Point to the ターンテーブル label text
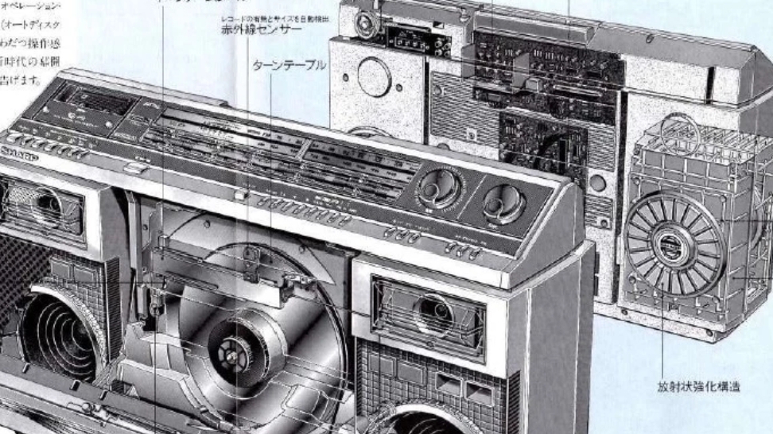289,66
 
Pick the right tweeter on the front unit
429,310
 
